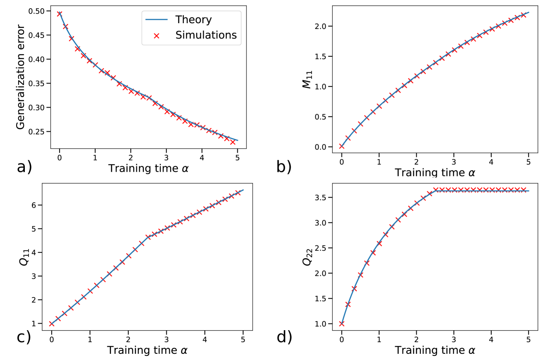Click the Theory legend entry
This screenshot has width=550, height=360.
193,19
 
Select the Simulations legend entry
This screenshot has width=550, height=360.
206,35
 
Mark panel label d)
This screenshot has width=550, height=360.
284,337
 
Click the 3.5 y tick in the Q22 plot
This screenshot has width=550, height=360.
322,197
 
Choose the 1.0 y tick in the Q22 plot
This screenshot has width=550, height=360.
322,324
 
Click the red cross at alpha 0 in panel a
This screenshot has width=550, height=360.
59,14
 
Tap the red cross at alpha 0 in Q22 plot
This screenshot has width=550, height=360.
341,324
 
